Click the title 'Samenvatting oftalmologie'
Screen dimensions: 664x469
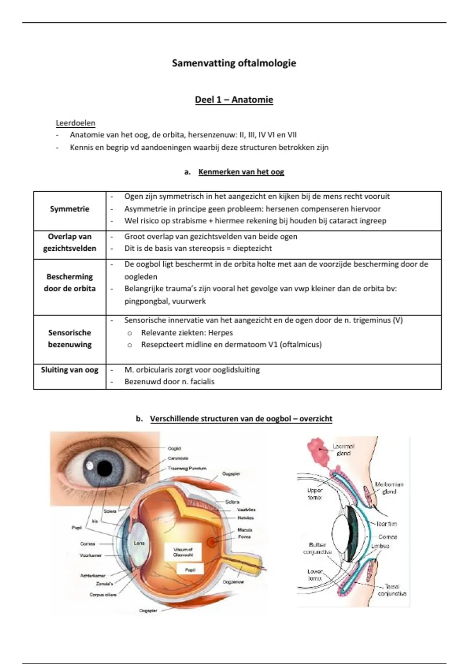(x=234, y=63)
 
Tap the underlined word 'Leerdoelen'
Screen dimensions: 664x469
(x=75, y=123)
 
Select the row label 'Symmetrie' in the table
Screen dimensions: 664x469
(x=70, y=209)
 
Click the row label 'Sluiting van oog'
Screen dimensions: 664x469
(x=70, y=370)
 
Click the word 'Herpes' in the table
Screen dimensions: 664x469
(x=220, y=333)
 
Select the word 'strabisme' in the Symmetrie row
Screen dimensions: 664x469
(x=185, y=221)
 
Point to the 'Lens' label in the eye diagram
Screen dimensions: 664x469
(x=139, y=543)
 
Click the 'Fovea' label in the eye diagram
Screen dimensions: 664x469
(x=245, y=537)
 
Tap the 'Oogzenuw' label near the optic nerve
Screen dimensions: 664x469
(x=233, y=582)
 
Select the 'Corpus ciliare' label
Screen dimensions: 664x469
(x=103, y=595)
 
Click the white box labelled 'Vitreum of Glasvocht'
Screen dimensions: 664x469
(x=183, y=552)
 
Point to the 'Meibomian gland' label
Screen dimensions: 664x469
(x=389, y=488)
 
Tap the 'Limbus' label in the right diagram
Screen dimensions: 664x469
(x=380, y=546)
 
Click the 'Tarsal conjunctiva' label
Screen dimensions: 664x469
(x=392, y=590)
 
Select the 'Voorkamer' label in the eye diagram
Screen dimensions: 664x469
(x=91, y=555)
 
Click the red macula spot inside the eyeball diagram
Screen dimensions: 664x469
(x=213, y=542)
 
